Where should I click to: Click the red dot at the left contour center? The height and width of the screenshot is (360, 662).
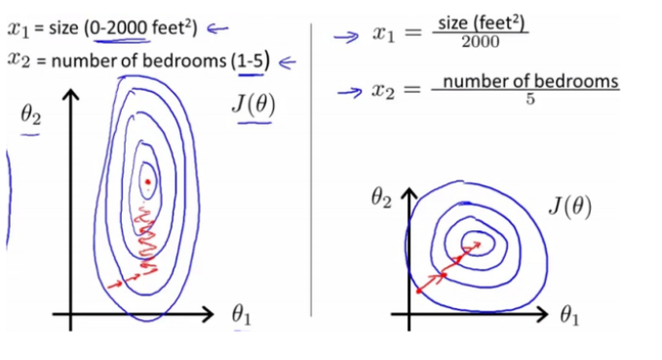147,181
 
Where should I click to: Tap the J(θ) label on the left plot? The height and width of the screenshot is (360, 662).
253,105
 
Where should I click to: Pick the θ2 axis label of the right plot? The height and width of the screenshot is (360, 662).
382,199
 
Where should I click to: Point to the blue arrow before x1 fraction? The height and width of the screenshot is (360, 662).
345,36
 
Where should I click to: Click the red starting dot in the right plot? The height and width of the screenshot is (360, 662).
419,290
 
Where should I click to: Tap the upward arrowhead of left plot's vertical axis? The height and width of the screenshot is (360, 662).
69,96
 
